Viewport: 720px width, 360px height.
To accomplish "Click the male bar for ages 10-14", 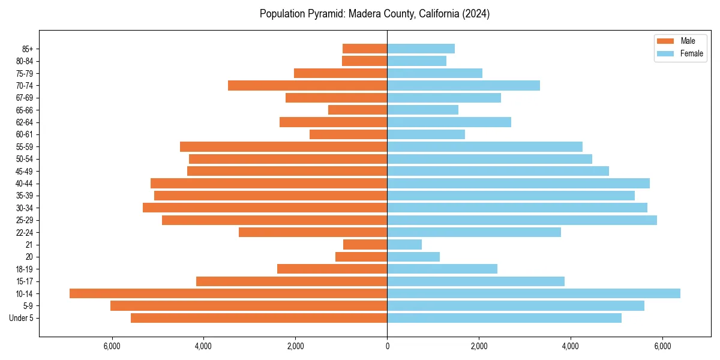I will (228, 293).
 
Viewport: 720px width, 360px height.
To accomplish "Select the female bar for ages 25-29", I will (522, 220).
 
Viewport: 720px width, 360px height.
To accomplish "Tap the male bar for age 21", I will (365, 245).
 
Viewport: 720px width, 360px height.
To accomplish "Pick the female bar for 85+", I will (421, 49).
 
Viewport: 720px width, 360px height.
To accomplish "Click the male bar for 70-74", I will (307, 86).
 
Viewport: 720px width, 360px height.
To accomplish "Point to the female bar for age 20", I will (413, 257).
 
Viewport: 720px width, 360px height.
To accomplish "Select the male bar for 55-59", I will (283, 147).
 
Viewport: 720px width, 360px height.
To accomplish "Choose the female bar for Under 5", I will (504, 318).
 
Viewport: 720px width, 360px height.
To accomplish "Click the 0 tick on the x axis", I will (387, 346).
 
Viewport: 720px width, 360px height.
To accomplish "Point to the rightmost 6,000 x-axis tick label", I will (662, 346).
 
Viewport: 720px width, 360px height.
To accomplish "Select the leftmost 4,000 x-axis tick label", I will (203, 346).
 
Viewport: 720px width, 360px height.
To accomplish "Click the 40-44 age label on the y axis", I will (25, 184).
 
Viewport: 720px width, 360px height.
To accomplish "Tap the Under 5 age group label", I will (22, 318).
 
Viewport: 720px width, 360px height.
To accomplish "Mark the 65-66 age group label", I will (25, 110).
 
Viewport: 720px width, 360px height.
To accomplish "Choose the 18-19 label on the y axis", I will (25, 269).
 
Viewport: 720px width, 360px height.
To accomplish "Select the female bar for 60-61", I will (426, 134).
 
